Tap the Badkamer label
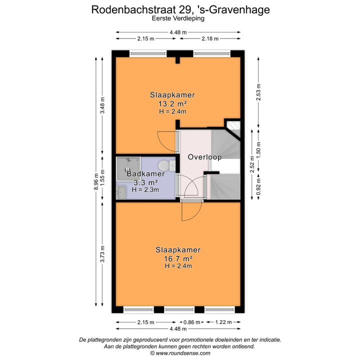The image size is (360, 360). pos(145,174)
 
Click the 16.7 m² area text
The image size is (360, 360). pos(178,258)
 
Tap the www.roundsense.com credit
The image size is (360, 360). pos(180,352)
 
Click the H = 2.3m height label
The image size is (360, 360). pos(145,189)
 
